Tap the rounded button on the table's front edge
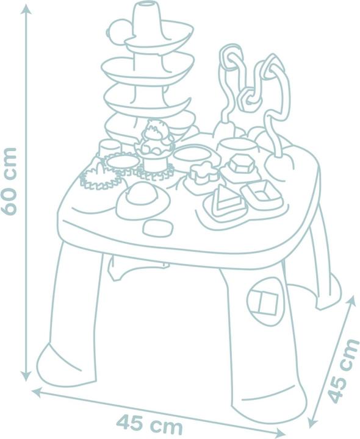coord(157,227)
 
